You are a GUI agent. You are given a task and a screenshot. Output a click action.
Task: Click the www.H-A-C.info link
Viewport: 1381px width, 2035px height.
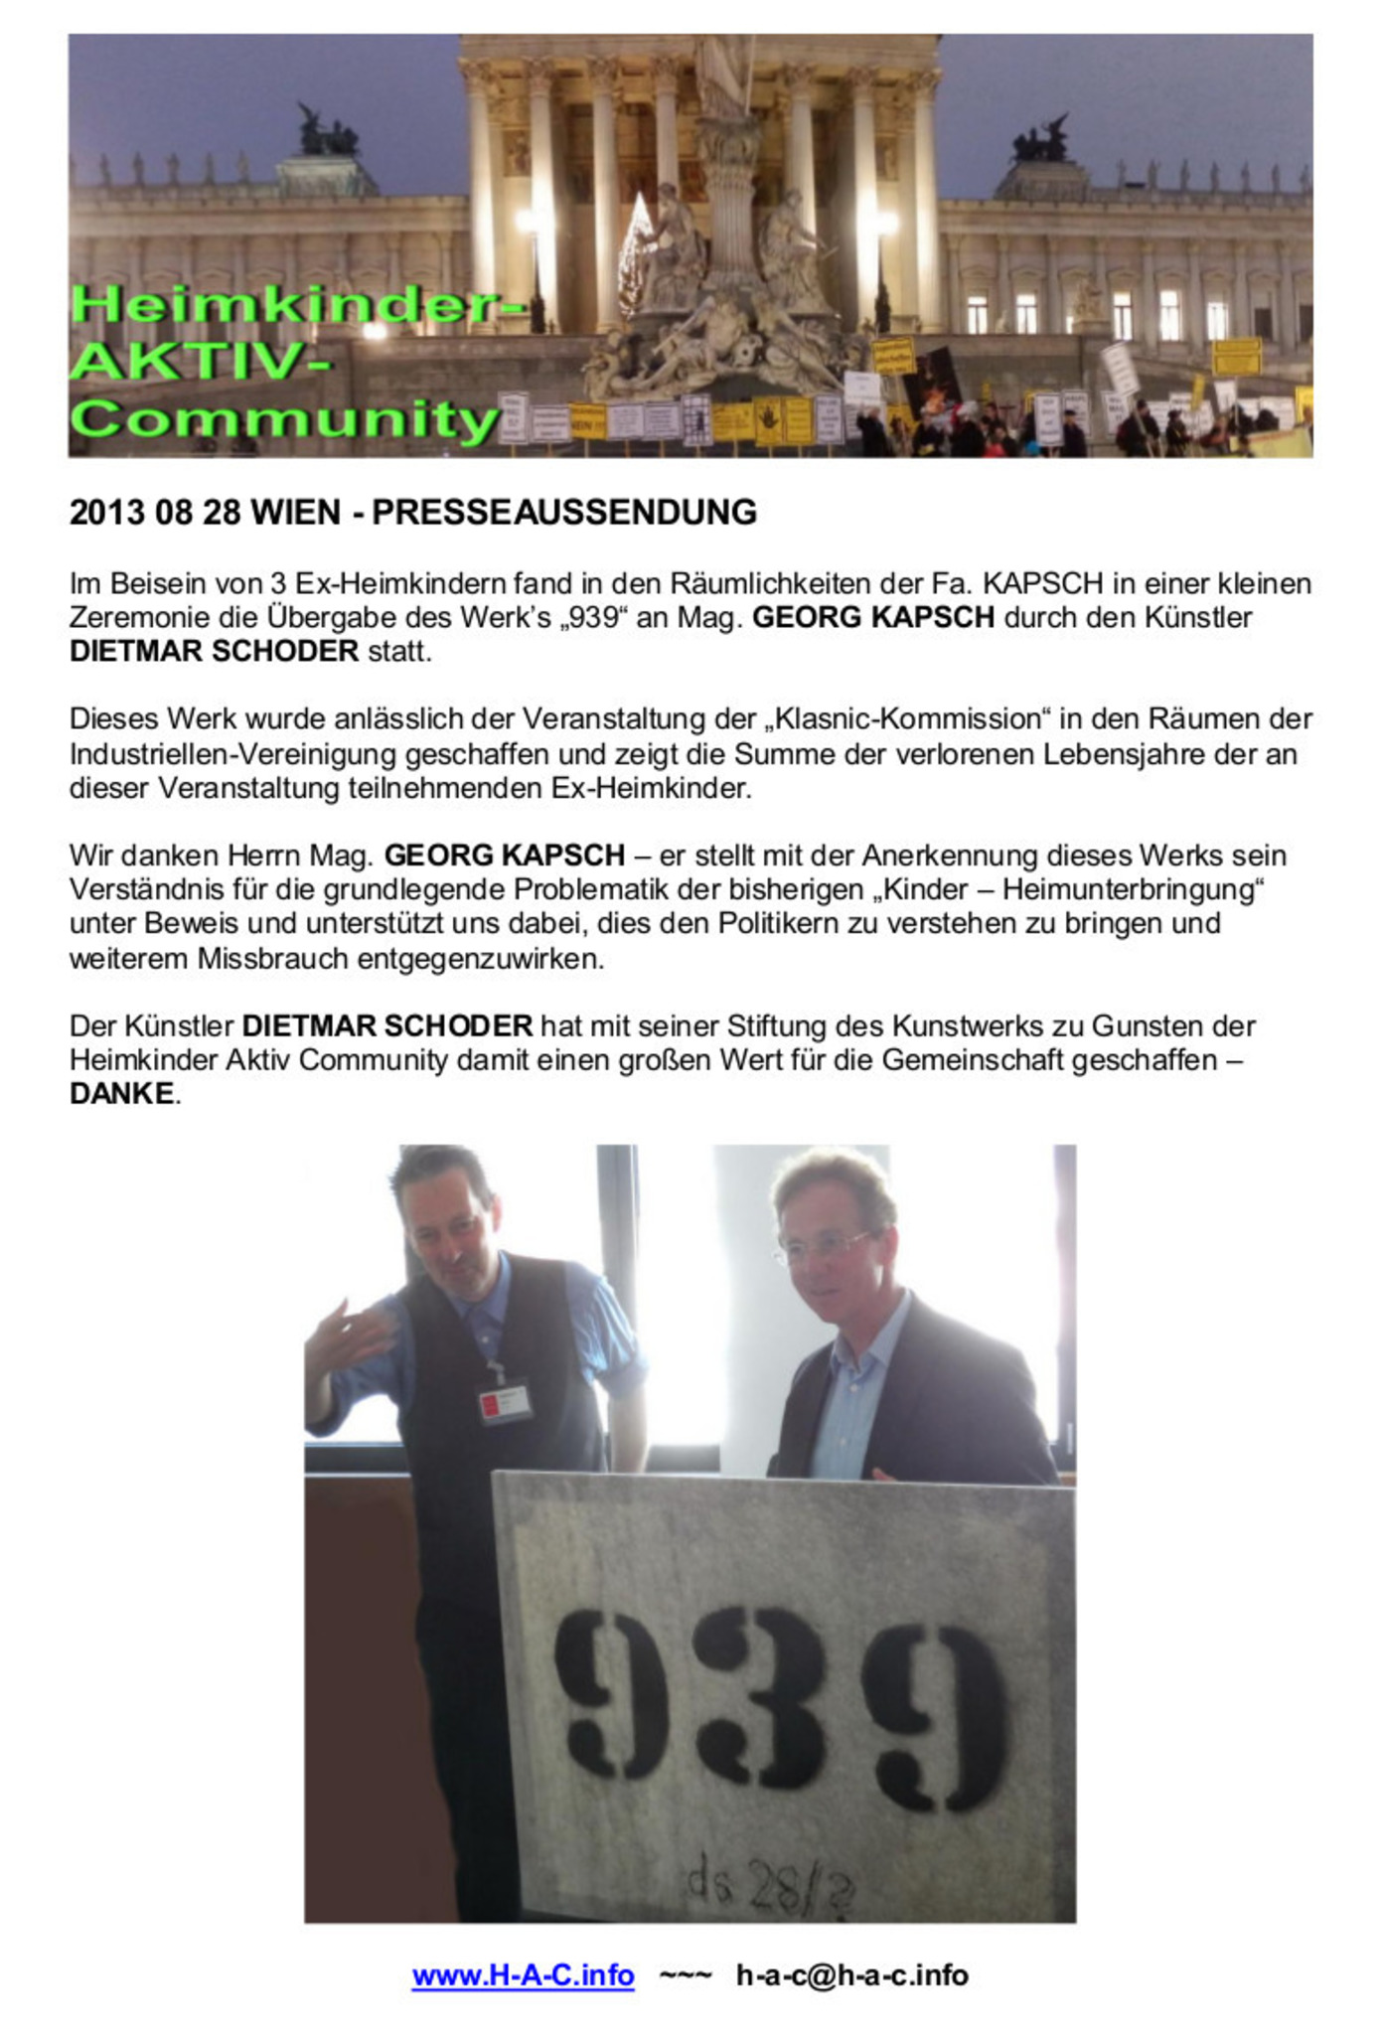[x=523, y=1974]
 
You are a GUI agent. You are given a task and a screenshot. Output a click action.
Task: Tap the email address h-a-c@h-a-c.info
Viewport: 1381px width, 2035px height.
[x=851, y=1974]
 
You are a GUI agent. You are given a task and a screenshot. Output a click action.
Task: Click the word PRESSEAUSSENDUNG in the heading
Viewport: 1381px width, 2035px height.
[x=564, y=512]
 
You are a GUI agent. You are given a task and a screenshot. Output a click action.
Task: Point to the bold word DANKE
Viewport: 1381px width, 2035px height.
[x=121, y=1093]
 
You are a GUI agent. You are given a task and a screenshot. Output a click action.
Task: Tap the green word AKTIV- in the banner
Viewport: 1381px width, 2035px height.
[x=199, y=361]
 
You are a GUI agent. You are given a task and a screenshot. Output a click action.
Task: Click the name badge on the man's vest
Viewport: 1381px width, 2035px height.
[x=505, y=1403]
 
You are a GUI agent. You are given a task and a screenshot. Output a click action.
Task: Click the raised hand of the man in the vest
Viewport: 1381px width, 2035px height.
[x=343, y=1331]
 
